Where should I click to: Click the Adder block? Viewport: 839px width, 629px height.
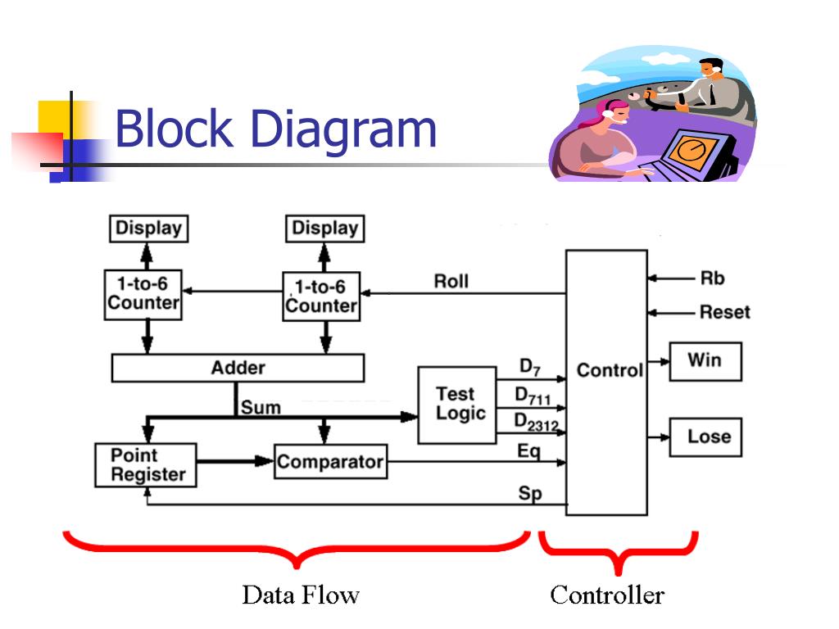click(238, 368)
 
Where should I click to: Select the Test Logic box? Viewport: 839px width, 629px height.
click(456, 405)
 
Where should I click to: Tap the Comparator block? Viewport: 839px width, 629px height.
click(330, 462)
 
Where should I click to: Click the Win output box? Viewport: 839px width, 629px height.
click(705, 360)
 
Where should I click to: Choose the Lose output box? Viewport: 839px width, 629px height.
click(705, 437)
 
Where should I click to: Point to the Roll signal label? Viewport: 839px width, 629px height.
click(451, 282)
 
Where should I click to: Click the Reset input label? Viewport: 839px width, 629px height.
click(724, 312)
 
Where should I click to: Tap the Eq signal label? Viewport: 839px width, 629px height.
click(528, 451)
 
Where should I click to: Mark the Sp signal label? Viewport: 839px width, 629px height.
click(529, 494)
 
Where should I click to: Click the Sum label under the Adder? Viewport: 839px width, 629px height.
click(261, 407)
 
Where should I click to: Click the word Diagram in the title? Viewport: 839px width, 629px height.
click(343, 131)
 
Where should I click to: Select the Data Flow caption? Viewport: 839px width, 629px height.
click(300, 595)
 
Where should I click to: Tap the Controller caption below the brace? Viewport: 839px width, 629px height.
click(606, 595)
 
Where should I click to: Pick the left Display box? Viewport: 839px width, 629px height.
click(148, 228)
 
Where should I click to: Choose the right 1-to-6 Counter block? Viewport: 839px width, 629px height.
click(321, 296)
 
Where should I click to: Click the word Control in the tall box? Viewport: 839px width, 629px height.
click(609, 370)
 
